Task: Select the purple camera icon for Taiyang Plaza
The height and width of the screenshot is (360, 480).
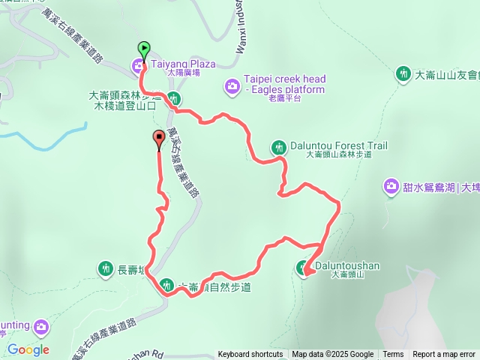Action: point(139,66)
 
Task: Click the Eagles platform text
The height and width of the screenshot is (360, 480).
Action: point(289,90)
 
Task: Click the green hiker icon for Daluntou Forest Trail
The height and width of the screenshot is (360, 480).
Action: point(280,148)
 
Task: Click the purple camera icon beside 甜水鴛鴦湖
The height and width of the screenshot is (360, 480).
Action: point(391,187)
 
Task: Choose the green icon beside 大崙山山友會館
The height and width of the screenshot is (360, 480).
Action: point(404,73)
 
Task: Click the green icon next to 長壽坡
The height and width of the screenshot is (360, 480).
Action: point(106,267)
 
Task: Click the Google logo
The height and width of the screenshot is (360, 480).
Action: point(28,349)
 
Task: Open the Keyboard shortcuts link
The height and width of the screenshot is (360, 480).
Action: point(250,355)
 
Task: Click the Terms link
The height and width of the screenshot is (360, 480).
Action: point(393,355)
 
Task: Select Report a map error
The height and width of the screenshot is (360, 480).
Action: point(444,355)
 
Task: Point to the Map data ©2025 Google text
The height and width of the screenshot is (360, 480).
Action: point(332,355)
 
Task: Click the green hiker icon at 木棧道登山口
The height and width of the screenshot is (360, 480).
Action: point(173,98)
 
